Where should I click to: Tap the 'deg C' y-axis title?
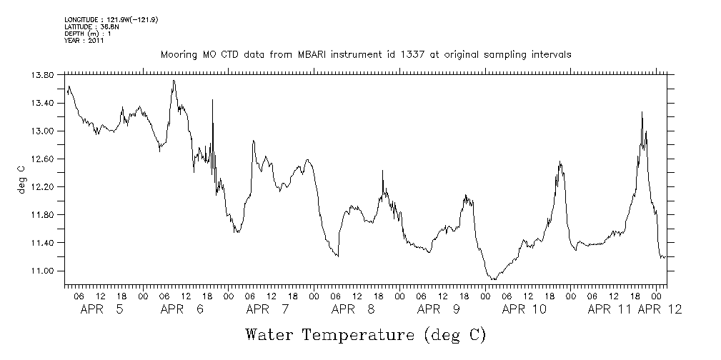[x=21, y=179]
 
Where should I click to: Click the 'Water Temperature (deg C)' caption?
[x=365, y=334]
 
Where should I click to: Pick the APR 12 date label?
[x=659, y=309]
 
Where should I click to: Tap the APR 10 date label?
[x=524, y=309]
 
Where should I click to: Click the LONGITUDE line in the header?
[x=111, y=19]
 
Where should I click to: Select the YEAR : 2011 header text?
[x=85, y=41]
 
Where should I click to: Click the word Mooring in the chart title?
[x=177, y=54]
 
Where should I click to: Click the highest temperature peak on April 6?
[x=174, y=81]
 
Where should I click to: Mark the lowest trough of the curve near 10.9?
[x=493, y=279]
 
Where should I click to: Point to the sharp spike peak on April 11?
[x=642, y=112]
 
